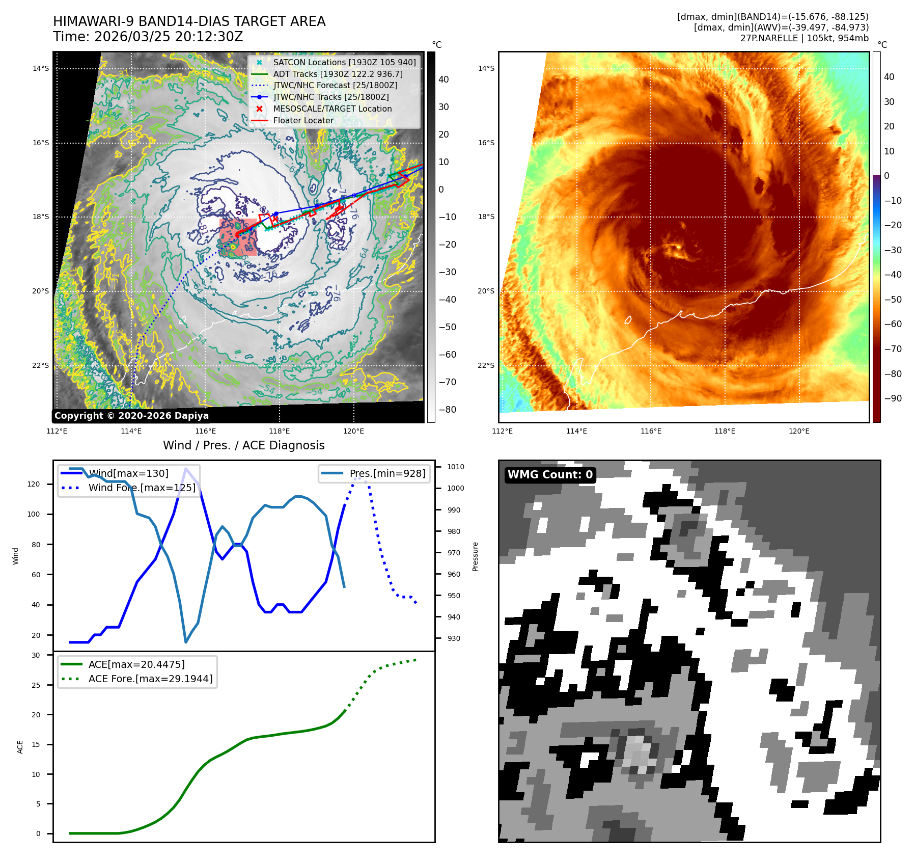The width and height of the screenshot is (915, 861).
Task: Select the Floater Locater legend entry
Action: pyautogui.click(x=303, y=120)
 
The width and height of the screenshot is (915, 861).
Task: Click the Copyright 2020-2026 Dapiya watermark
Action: pyautogui.click(x=131, y=416)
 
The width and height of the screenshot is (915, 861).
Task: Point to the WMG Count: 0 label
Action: pyautogui.click(x=550, y=475)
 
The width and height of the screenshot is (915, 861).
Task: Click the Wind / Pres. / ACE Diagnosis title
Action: pyautogui.click(x=243, y=445)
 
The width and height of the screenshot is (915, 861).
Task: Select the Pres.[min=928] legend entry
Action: pyautogui.click(x=387, y=473)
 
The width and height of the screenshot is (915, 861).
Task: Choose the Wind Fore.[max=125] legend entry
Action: pyautogui.click(x=142, y=488)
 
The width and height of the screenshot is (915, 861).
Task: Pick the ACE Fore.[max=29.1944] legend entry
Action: pyautogui.click(x=150, y=679)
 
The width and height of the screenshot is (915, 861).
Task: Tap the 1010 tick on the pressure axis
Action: pyautogui.click(x=455, y=467)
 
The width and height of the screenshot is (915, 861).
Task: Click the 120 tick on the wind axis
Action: pyautogui.click(x=34, y=484)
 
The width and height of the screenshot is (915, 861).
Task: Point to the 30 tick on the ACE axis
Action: pyautogui.click(x=36, y=655)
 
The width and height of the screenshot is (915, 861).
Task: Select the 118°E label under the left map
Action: pyautogui.click(x=280, y=431)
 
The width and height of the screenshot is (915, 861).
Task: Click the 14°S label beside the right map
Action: pyautogui.click(x=486, y=68)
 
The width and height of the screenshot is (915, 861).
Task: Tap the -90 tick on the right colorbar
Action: pyautogui.click(x=893, y=398)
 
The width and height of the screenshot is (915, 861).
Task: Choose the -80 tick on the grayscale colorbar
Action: pyautogui.click(x=448, y=410)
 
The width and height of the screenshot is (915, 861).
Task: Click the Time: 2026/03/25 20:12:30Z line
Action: pyautogui.click(x=148, y=37)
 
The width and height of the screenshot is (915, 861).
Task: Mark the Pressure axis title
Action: pyautogui.click(x=475, y=556)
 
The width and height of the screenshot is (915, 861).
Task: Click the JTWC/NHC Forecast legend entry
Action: pyautogui.click(x=335, y=85)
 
